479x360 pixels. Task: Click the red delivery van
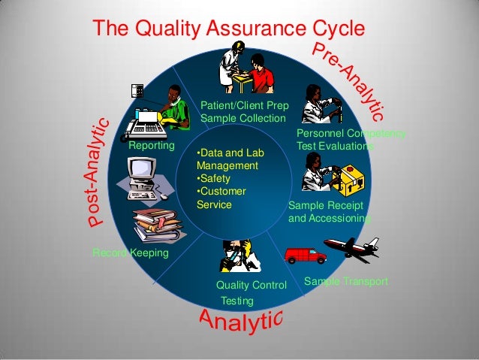click(306, 255)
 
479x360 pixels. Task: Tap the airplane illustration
click(351, 249)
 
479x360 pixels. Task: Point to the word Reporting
click(152, 145)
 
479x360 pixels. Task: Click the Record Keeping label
click(131, 253)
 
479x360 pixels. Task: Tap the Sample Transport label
click(346, 281)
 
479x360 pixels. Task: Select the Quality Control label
click(252, 286)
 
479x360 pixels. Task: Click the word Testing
click(237, 301)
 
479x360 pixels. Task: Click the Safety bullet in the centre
click(213, 179)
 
